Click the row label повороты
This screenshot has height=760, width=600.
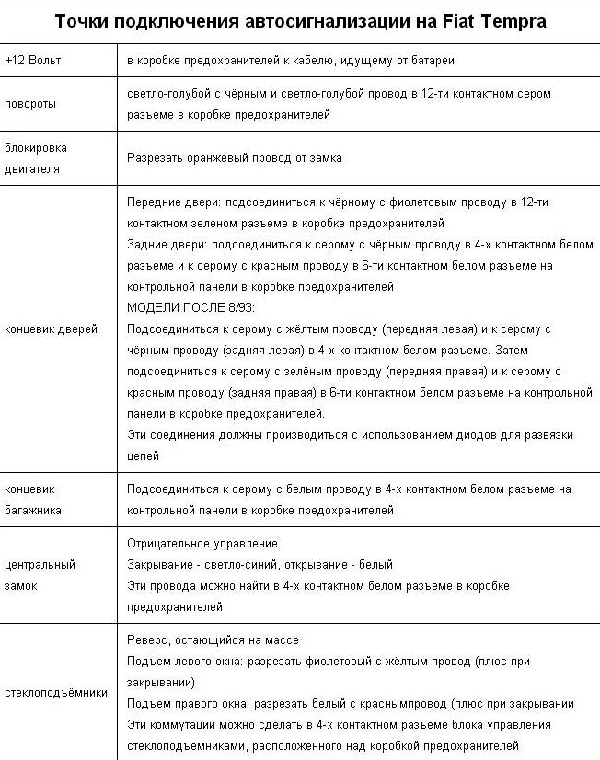[x=30, y=104]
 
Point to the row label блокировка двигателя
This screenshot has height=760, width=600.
[x=36, y=157]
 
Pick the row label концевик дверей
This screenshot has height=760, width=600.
[x=51, y=328]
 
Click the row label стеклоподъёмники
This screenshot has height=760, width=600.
[x=56, y=693]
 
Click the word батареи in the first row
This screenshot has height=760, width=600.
[x=432, y=60]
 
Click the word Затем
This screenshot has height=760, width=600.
[x=513, y=350]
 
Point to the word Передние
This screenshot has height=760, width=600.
[x=153, y=202]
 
